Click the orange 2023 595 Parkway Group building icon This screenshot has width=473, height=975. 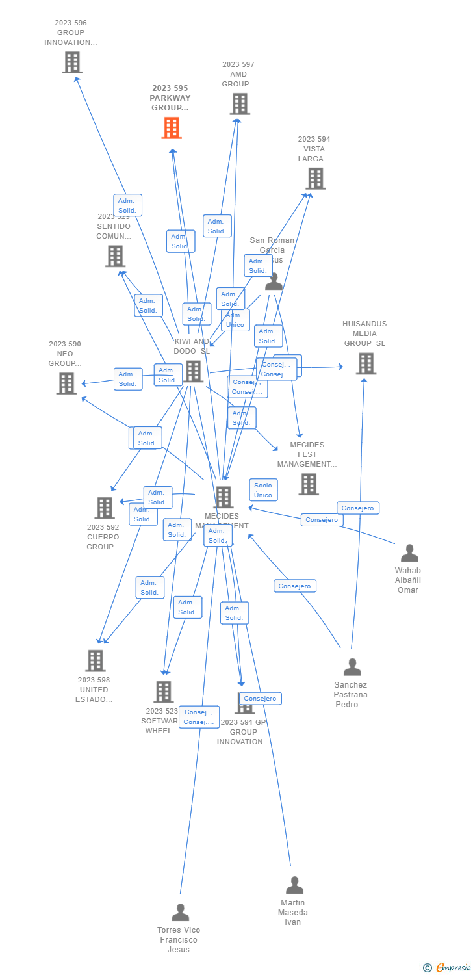click(172, 128)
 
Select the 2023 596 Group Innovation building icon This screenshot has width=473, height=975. click(71, 62)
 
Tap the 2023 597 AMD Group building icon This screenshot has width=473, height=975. click(240, 104)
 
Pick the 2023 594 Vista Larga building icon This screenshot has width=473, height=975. click(316, 179)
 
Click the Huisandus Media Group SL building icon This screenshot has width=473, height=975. click(366, 364)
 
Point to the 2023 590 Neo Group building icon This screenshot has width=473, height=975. click(66, 383)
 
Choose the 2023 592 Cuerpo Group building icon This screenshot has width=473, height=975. click(105, 508)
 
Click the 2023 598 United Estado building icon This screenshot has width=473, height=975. click(96, 660)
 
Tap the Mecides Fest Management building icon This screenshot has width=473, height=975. click(309, 484)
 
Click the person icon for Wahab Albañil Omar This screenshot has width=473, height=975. click(409, 553)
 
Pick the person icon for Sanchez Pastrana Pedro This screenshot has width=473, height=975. click(352, 668)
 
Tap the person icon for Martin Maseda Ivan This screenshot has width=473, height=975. click(294, 885)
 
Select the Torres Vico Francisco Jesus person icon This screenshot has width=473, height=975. click(180, 913)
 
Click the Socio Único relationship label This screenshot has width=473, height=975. click(263, 490)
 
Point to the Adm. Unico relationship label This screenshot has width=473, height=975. click(235, 320)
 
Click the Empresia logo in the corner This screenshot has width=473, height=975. click(448, 968)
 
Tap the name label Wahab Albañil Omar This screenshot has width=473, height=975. click(408, 580)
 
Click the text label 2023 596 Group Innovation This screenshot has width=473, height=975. click(71, 32)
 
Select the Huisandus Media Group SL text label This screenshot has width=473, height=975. click(364, 333)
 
